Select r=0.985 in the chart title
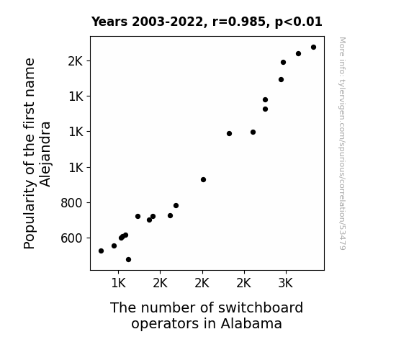pyautogui.click(x=239, y=22)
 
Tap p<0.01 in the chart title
pyautogui.click(x=299, y=22)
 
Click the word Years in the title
pyautogui.click(x=109, y=22)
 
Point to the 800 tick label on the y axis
pyautogui.click(x=72, y=203)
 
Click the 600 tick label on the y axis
pyautogui.click(x=72, y=238)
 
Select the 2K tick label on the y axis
pyautogui.click(x=76, y=61)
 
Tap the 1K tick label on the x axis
pyautogui.click(x=118, y=283)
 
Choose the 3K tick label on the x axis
pyautogui.click(x=286, y=283)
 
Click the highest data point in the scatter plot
pyautogui.click(x=313, y=48)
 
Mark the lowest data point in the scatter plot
pyautogui.click(x=129, y=260)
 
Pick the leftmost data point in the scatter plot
pyautogui.click(x=101, y=251)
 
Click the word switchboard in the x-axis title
pyautogui.click(x=261, y=307)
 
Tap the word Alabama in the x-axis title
pyautogui.click(x=251, y=323)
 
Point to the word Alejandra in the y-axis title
pyautogui.click(x=45, y=154)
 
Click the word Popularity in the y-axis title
pyautogui.click(x=30, y=215)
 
